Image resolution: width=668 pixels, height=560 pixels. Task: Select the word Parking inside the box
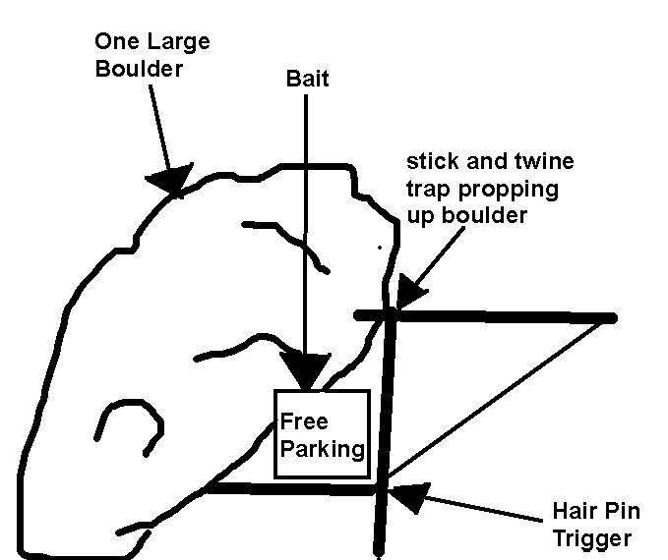(x=323, y=449)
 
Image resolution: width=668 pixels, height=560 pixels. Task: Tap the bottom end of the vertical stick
(x=379, y=552)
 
